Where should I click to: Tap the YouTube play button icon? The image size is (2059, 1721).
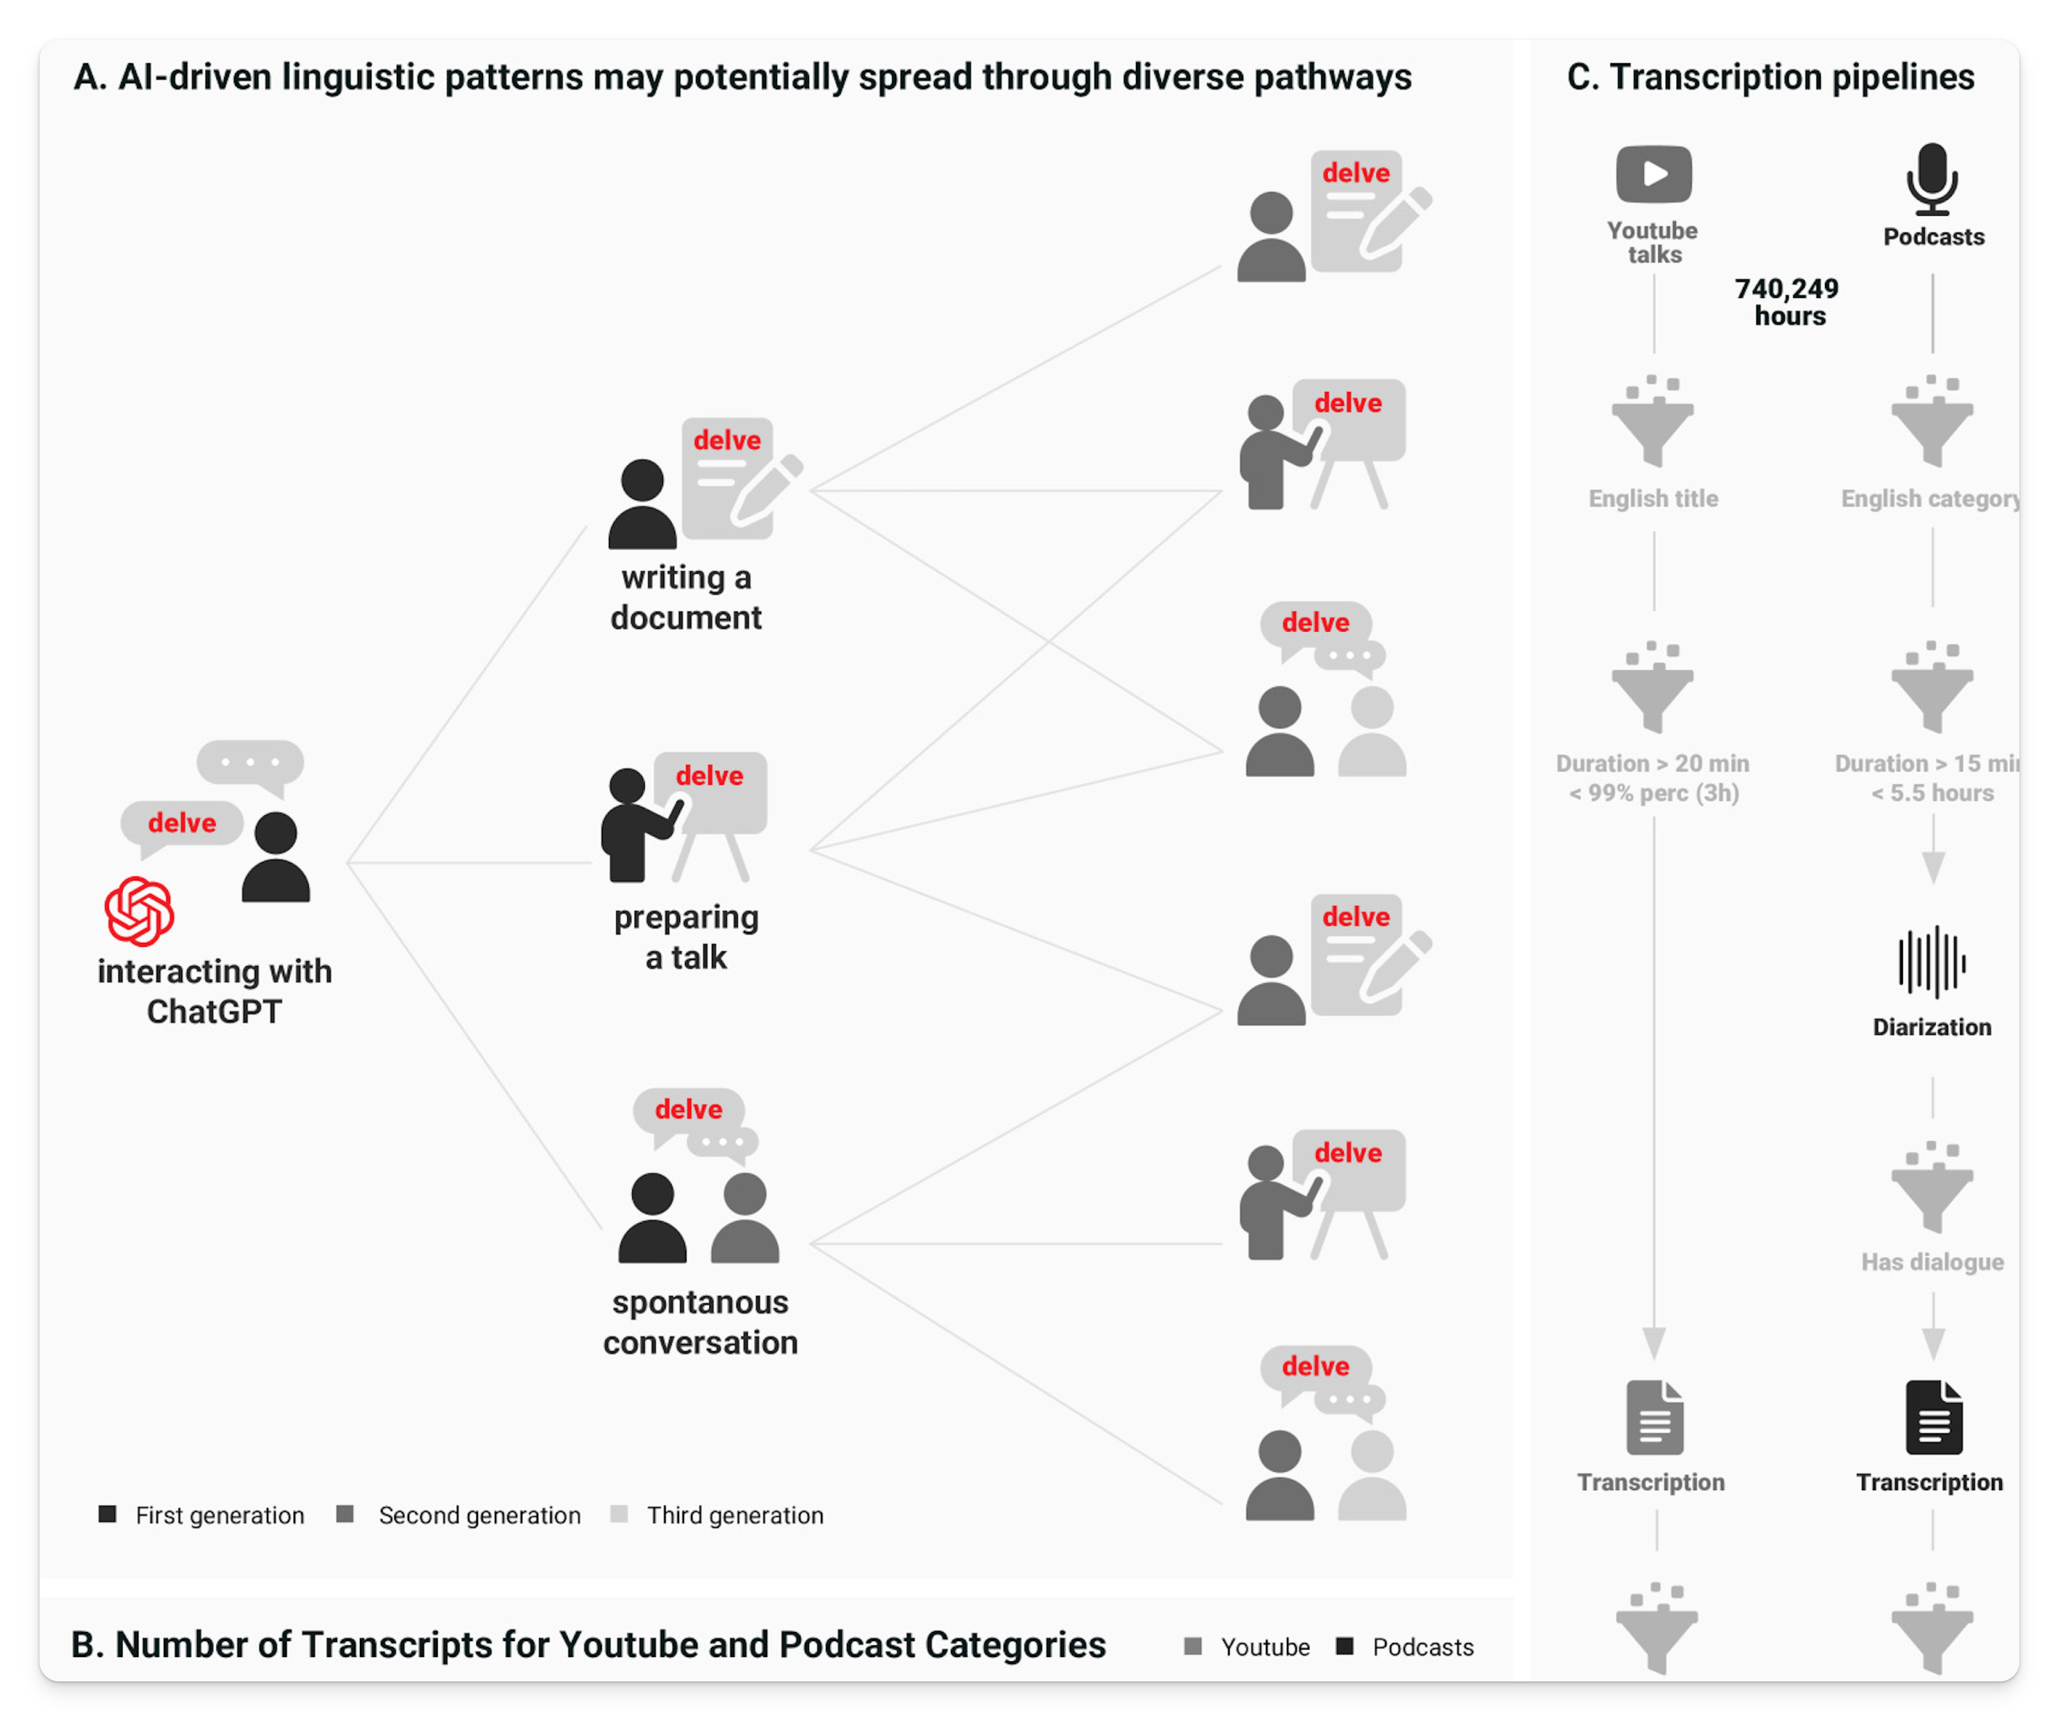click(x=1654, y=174)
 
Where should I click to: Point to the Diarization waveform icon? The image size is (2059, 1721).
click(x=1931, y=961)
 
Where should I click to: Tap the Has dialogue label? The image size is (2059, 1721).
click(x=1931, y=1262)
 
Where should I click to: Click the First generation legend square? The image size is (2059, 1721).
click(x=108, y=1514)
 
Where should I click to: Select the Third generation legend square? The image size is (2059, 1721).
click(x=619, y=1514)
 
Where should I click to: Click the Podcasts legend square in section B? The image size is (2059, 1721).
click(x=1345, y=1646)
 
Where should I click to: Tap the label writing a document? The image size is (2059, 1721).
click(x=686, y=597)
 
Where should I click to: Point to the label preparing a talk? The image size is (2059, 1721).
click(x=686, y=936)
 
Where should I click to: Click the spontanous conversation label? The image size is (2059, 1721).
click(x=700, y=1322)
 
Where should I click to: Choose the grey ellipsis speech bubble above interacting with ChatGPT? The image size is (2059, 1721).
click(x=250, y=762)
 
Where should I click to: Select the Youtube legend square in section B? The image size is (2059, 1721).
click(x=1193, y=1646)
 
